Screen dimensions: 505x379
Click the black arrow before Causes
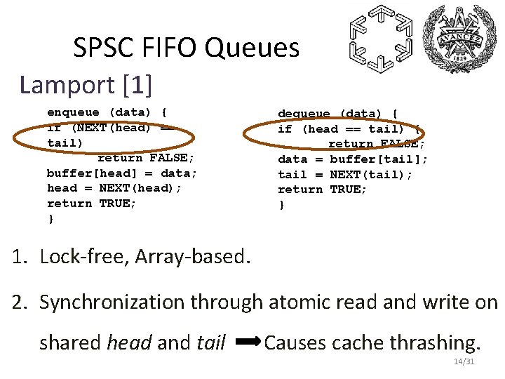(x=249, y=343)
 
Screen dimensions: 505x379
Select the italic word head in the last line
(x=128, y=343)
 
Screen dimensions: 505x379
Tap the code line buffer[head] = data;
(x=122, y=173)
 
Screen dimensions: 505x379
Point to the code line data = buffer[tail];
(x=353, y=159)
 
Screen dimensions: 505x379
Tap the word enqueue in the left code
(x=74, y=112)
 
